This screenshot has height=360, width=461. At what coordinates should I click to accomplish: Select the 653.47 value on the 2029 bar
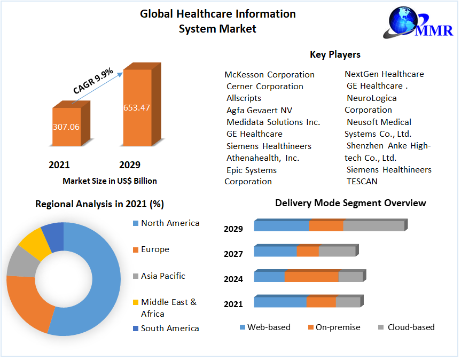point(137,107)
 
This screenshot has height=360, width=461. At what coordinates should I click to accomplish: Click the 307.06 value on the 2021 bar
point(66,127)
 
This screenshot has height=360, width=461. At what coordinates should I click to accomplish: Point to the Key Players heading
point(335,54)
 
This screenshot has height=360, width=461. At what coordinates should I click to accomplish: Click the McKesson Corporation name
point(269,74)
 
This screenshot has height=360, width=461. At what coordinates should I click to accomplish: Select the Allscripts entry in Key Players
point(244,98)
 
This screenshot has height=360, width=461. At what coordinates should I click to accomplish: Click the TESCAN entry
point(362,181)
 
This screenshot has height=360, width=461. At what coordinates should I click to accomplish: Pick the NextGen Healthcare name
point(384,74)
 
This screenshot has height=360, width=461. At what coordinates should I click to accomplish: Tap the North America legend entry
point(170,223)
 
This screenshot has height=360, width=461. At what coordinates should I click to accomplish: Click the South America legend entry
point(169,328)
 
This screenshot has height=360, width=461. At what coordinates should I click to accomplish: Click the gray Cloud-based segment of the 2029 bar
point(373,226)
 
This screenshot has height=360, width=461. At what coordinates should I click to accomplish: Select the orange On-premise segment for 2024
point(311,277)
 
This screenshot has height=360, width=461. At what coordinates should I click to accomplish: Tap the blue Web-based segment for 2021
point(280,302)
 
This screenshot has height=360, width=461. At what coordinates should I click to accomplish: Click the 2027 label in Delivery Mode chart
point(233,254)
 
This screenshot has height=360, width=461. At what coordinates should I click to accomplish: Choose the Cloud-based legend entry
point(410,327)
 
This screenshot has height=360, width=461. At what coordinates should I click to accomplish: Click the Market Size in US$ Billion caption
point(110,181)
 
